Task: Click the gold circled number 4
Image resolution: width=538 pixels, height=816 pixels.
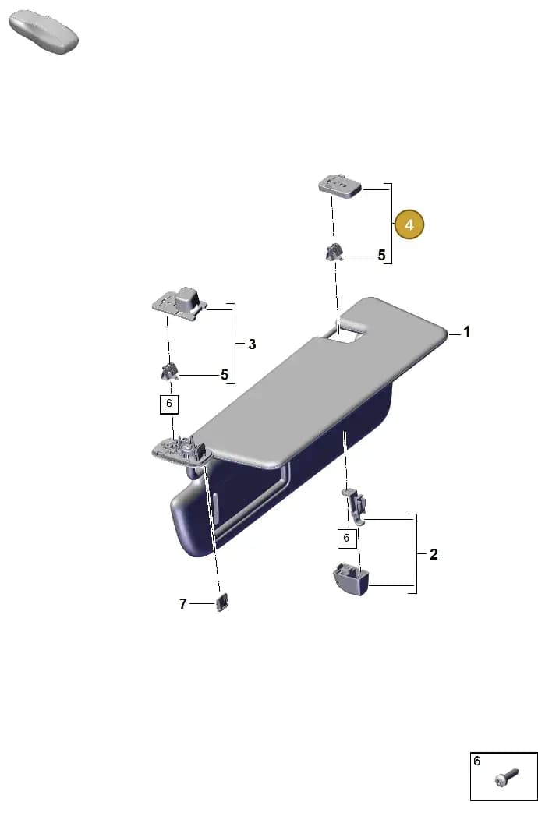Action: [409, 224]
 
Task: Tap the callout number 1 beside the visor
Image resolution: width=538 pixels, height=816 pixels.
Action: [466, 331]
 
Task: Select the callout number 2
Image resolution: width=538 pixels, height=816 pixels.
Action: [434, 554]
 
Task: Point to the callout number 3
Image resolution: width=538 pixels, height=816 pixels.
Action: [252, 344]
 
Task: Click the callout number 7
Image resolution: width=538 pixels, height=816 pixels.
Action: [182, 604]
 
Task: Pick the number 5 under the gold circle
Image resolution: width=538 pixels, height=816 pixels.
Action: [382, 256]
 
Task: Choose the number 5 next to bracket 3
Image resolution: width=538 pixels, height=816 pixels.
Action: [225, 375]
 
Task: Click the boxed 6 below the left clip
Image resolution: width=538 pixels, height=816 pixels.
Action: [168, 404]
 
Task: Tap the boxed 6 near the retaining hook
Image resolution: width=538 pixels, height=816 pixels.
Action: [346, 538]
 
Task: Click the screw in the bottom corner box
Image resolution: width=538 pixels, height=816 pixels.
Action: [506, 778]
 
